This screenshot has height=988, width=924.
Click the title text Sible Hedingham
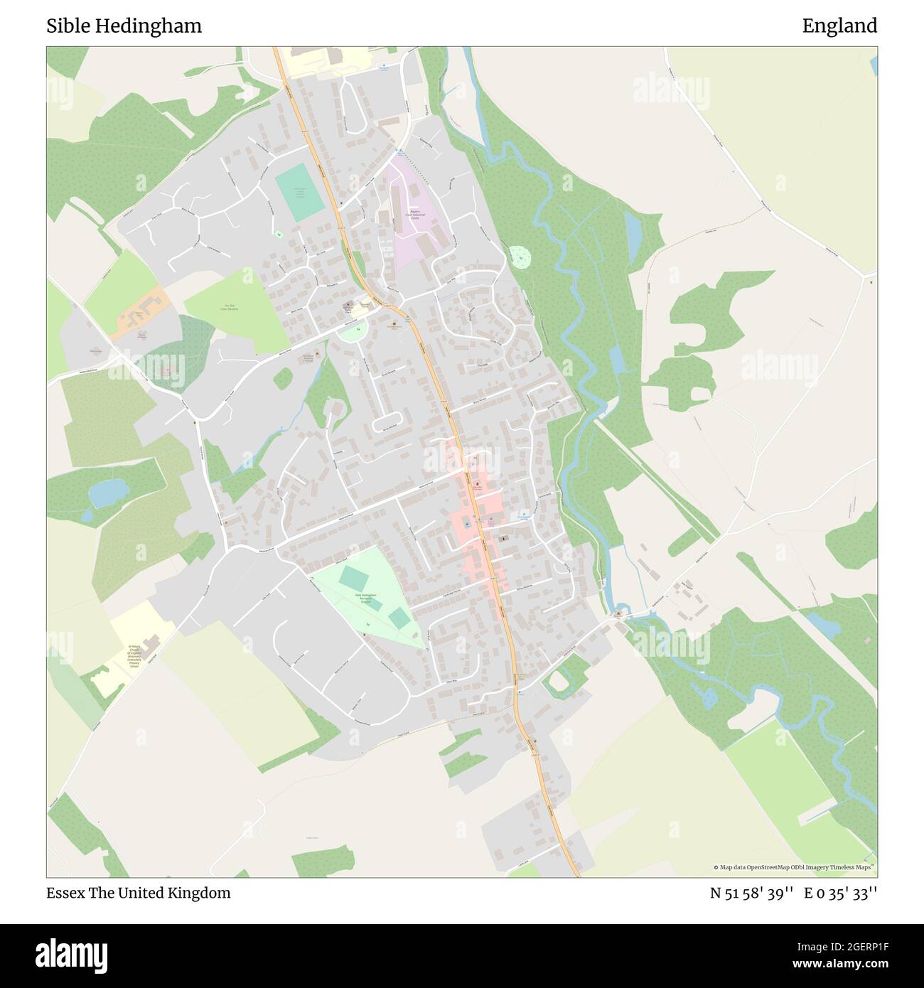coord(124,26)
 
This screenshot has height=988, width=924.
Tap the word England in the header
coord(839,26)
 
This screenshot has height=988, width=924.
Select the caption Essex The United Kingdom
coord(139,893)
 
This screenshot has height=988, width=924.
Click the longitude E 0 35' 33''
coord(841,893)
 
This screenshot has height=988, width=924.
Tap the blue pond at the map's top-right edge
coord(874,64)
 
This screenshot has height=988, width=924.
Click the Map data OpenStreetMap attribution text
coord(793,867)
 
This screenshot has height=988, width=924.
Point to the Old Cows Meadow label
coord(227,310)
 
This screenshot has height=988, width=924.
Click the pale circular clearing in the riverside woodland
coord(520,257)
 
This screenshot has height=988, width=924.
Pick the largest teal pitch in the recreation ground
coord(352,576)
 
